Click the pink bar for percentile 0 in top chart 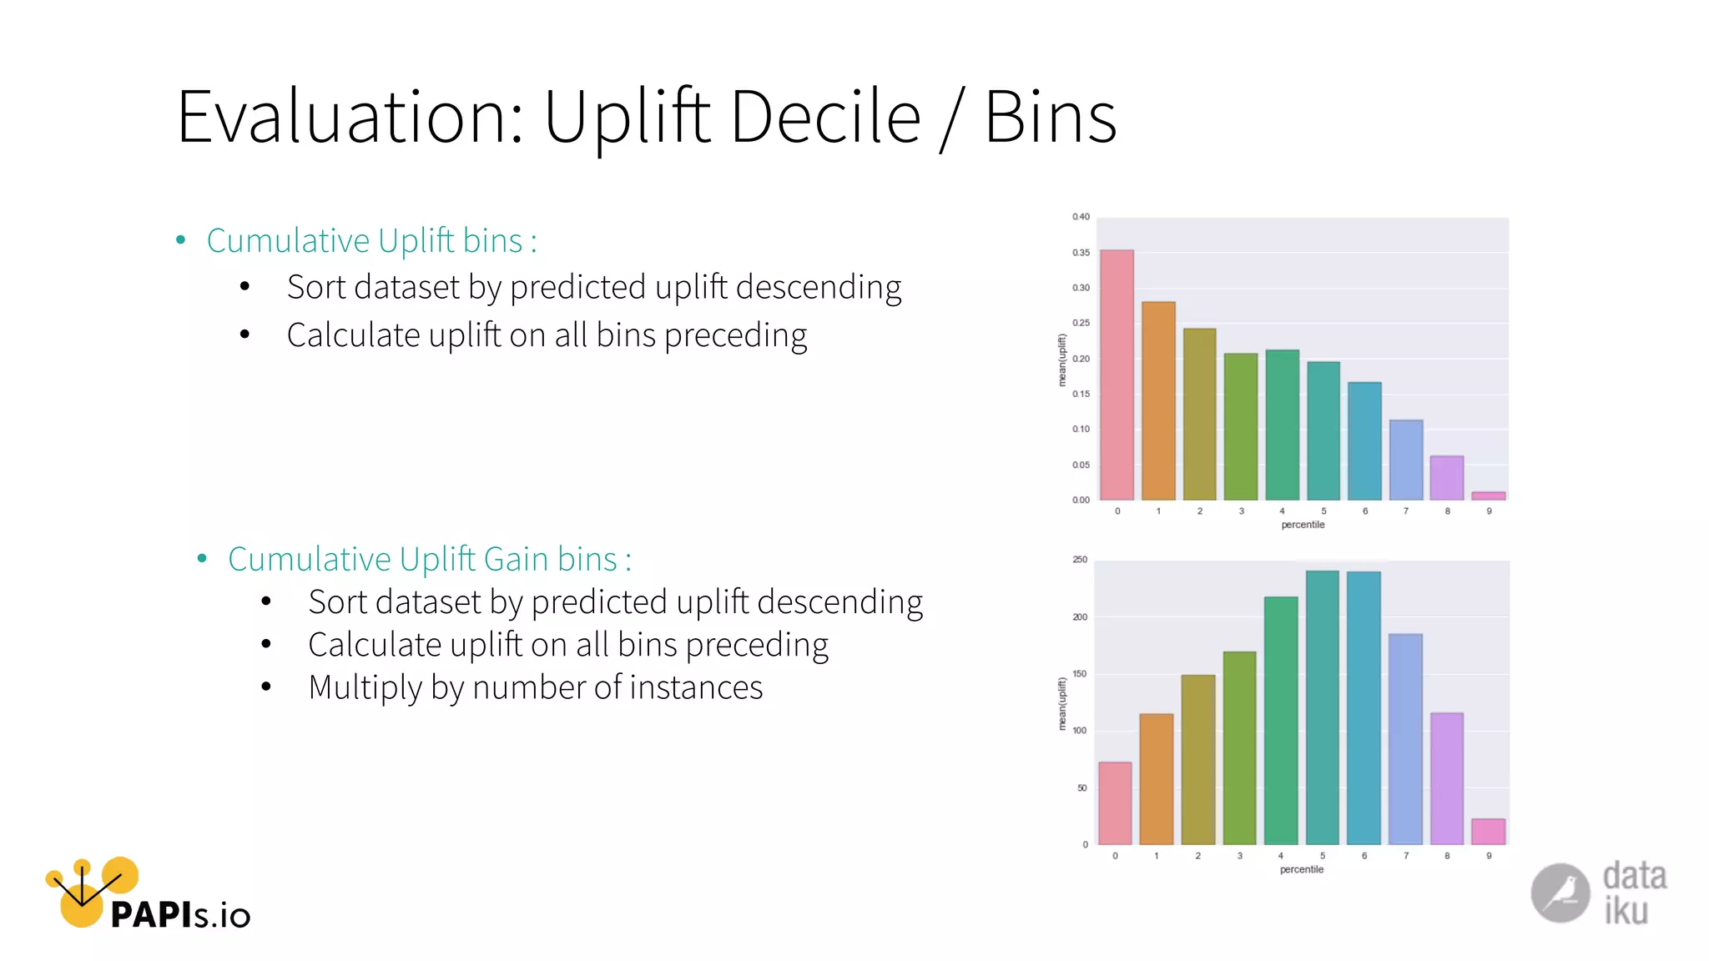click(x=1117, y=375)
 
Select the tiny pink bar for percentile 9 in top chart click(x=1488, y=496)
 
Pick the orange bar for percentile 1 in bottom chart click(x=1156, y=779)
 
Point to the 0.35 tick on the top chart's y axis click(x=1081, y=253)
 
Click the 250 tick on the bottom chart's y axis click(x=1080, y=560)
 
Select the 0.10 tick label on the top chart click(x=1081, y=430)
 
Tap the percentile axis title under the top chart click(x=1303, y=525)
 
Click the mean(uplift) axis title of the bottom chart click(x=1062, y=703)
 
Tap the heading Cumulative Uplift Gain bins click(x=429, y=559)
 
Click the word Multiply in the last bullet click(x=365, y=687)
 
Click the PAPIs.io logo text click(x=179, y=915)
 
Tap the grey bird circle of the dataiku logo click(x=1560, y=893)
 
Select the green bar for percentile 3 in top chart click(x=1240, y=426)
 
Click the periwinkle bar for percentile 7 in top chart click(x=1405, y=460)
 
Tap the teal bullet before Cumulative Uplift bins click(x=181, y=241)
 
